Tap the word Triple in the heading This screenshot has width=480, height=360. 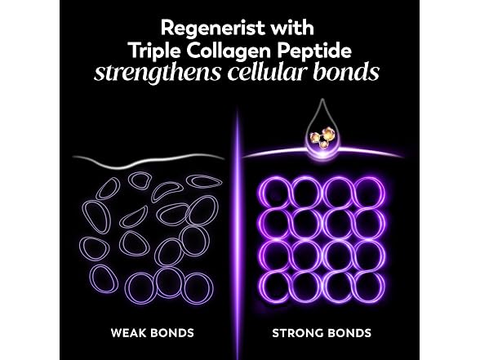coord(154,51)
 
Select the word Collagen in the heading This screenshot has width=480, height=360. coord(229,51)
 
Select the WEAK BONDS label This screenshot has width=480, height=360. coord(152,333)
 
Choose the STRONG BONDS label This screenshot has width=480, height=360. coord(322,333)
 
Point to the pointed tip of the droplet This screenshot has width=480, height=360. coord(322,99)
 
